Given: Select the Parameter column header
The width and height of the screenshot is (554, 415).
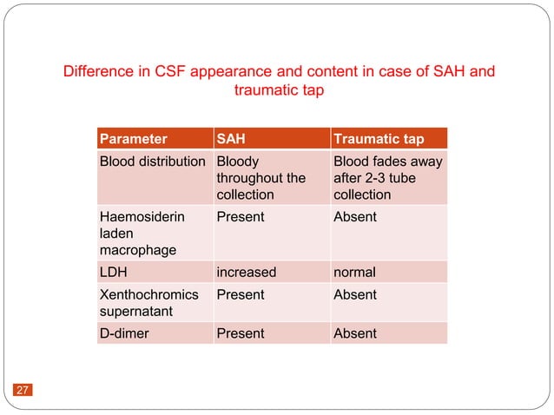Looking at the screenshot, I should pyautogui.click(x=134, y=138).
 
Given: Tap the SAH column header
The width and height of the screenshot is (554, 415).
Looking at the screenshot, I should pyautogui.click(x=230, y=138).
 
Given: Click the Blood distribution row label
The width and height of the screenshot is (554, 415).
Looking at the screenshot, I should pyautogui.click(x=153, y=161).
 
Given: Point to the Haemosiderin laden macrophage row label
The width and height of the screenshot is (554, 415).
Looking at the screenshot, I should pyautogui.click(x=142, y=233).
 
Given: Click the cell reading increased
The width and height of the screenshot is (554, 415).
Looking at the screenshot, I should pyautogui.click(x=246, y=272).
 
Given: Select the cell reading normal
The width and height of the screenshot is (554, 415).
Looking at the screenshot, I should pyautogui.click(x=356, y=272).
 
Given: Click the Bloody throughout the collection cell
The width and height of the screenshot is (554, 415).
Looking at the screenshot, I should pyautogui.click(x=261, y=178).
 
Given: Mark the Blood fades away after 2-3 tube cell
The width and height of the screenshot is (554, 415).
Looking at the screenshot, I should pyautogui.click(x=387, y=178).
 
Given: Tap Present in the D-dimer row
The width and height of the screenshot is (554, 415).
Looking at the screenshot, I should pyautogui.click(x=240, y=333).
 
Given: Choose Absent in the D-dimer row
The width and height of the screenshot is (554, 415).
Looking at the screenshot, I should pyautogui.click(x=354, y=333).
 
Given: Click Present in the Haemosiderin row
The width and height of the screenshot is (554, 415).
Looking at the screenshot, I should pyautogui.click(x=240, y=216).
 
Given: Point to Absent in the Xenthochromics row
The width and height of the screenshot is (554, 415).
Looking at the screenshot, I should pyautogui.click(x=354, y=294).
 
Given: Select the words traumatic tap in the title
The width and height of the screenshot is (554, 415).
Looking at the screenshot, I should pyautogui.click(x=280, y=90).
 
